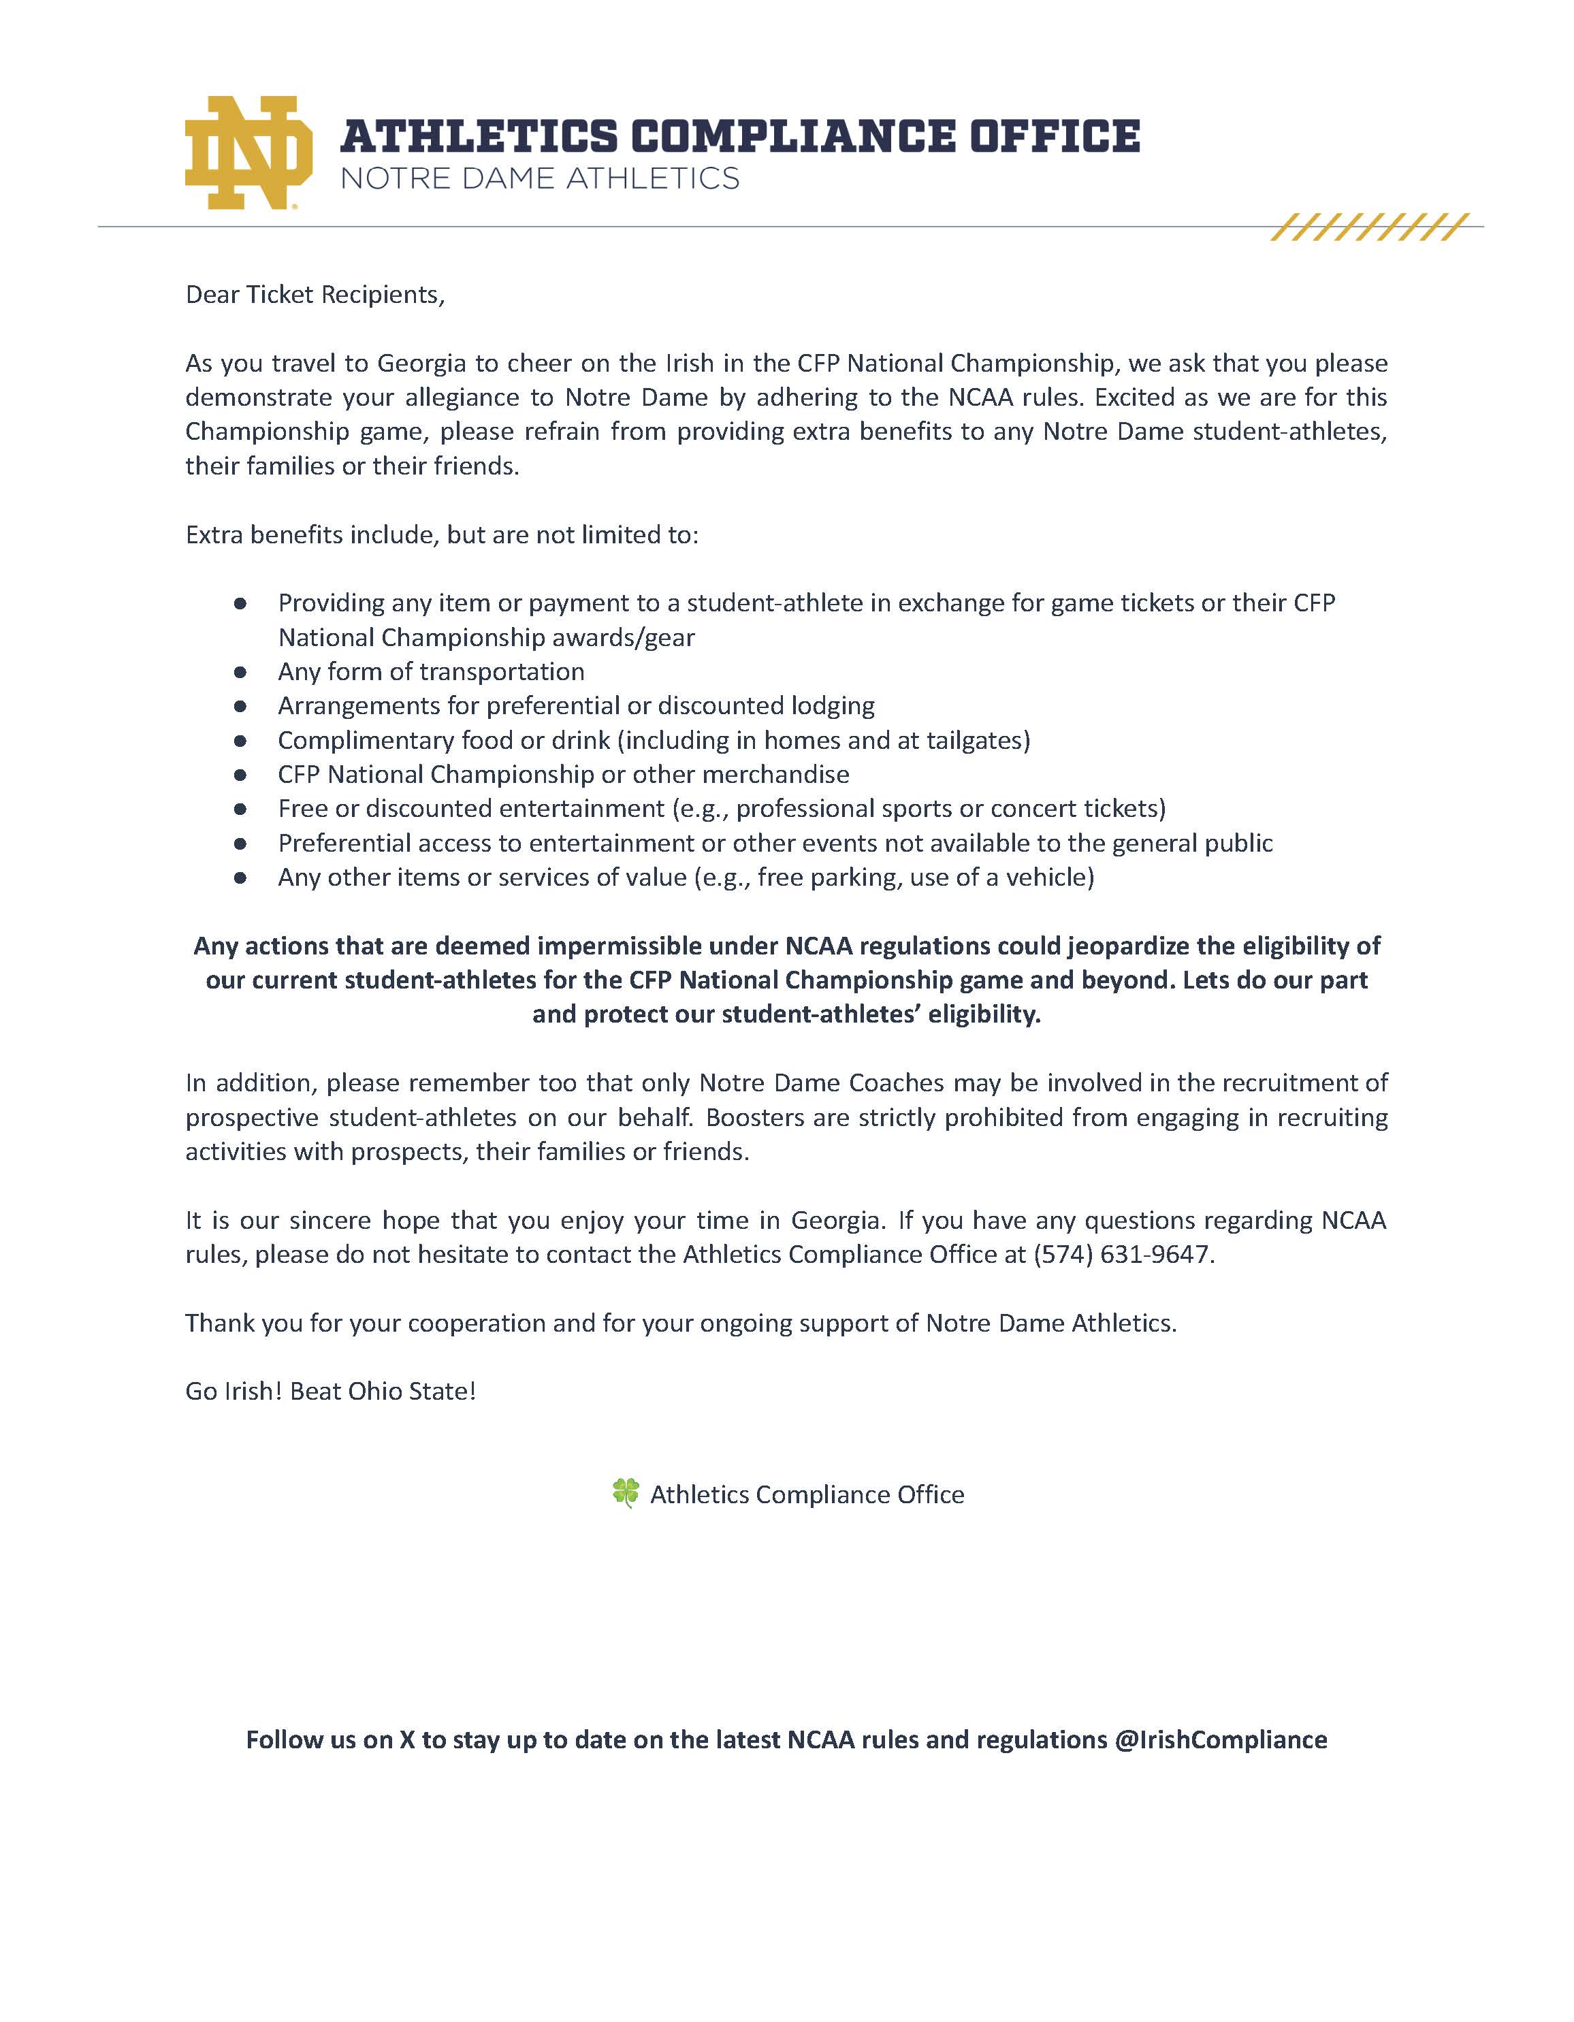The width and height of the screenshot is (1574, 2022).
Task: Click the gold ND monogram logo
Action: pos(248,152)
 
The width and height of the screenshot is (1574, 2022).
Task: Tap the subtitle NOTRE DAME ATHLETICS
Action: pos(540,178)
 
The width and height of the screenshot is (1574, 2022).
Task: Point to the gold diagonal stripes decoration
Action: pos(1369,227)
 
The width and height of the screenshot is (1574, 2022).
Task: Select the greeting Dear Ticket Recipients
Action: pos(315,294)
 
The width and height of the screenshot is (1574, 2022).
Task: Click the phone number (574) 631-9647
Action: pos(1122,1255)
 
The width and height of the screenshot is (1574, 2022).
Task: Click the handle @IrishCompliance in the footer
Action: pos(1220,1739)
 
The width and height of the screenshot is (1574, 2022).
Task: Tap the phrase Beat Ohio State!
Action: pos(383,1392)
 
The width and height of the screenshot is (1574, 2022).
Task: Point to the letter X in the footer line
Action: pos(406,1739)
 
